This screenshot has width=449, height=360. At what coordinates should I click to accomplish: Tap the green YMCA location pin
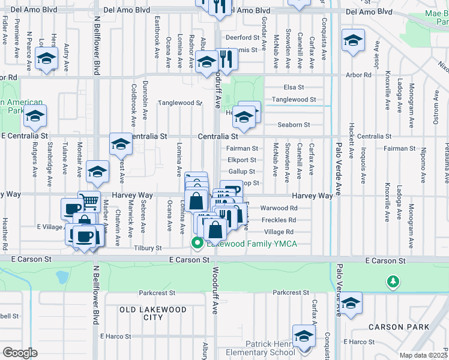click(x=196, y=243)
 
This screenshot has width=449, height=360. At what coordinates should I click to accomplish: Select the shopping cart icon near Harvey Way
click(x=89, y=201)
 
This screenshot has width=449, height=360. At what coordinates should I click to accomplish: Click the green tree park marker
click(x=393, y=281)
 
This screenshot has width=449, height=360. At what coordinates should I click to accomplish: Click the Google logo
click(x=20, y=352)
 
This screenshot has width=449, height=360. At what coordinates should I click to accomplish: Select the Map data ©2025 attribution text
click(x=423, y=355)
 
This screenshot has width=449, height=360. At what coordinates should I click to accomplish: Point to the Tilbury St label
click(x=148, y=248)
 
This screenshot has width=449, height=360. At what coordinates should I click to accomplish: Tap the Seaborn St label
click(x=294, y=125)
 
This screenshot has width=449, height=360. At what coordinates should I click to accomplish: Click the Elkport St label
click(x=242, y=160)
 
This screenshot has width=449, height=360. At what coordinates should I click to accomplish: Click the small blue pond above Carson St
click(x=61, y=277)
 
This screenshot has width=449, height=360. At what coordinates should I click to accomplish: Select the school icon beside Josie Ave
click(x=352, y=41)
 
